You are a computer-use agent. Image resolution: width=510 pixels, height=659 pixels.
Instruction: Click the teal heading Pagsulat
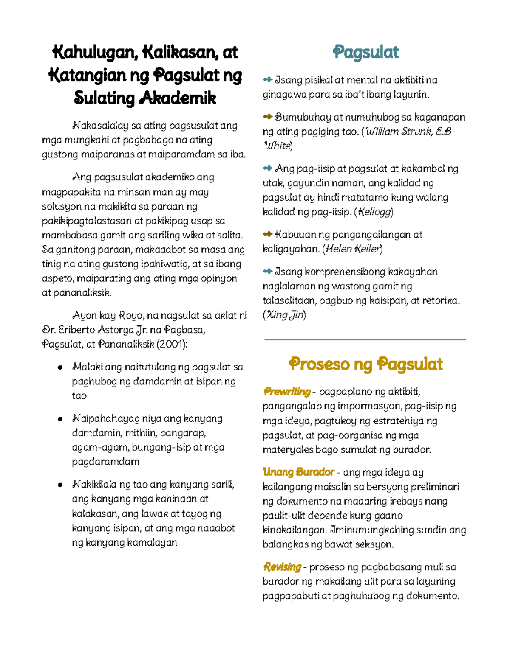coord(365,52)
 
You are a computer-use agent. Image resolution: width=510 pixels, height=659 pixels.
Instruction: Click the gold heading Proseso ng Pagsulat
coord(365,364)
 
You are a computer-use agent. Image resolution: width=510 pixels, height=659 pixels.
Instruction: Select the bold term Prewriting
coord(287,392)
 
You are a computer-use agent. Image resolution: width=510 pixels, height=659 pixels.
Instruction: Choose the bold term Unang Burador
coord(298,472)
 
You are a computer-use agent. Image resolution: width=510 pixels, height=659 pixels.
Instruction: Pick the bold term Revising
coord(282,567)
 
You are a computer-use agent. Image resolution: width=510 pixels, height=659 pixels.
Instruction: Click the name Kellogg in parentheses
coord(374,212)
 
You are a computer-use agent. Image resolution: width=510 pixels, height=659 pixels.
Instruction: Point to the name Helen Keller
coord(352,249)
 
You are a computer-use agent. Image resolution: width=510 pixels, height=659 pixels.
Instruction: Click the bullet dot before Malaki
coord(60,367)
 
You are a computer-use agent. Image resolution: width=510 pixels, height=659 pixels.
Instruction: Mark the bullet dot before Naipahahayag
coord(60,419)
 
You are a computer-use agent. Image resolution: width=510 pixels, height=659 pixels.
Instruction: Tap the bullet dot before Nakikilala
coord(60,485)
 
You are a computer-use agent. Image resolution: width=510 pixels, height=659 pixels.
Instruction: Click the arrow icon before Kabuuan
coord(267,234)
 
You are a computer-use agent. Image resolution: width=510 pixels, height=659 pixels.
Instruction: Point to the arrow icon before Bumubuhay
coord(267,117)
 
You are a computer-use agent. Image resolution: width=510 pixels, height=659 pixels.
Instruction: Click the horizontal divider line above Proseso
coord(365,339)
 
